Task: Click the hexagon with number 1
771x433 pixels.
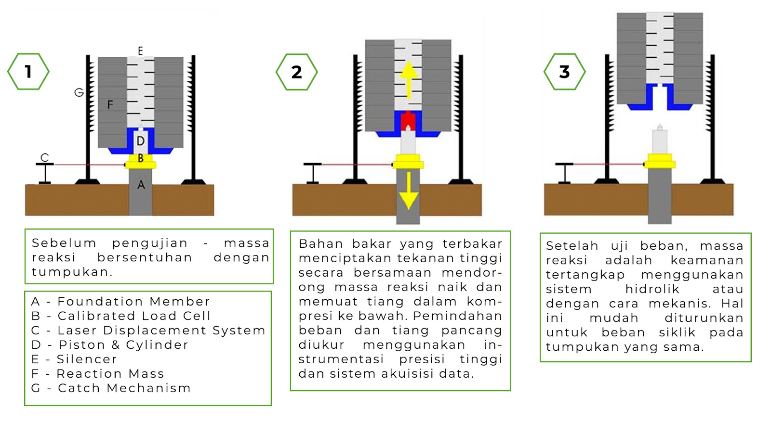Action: (x=28, y=72)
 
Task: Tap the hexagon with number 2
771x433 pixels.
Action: (x=296, y=72)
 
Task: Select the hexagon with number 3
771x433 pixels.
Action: (x=564, y=72)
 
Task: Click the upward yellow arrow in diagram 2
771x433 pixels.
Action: (x=409, y=79)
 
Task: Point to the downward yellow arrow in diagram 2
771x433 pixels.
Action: (x=409, y=190)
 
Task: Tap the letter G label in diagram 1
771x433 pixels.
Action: (x=79, y=92)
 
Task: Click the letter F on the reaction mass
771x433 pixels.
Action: (x=110, y=104)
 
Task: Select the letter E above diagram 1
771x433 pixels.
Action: (x=140, y=51)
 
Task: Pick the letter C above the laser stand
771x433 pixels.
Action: (x=45, y=157)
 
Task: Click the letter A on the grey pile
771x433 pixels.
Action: (x=141, y=185)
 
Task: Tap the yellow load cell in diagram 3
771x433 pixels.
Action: (x=660, y=161)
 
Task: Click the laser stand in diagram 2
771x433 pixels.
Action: (x=312, y=173)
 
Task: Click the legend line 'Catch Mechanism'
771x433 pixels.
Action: (x=111, y=388)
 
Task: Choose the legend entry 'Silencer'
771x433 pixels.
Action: (x=75, y=359)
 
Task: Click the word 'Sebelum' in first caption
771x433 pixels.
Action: (x=64, y=243)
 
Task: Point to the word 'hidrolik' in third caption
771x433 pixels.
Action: (x=652, y=289)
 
